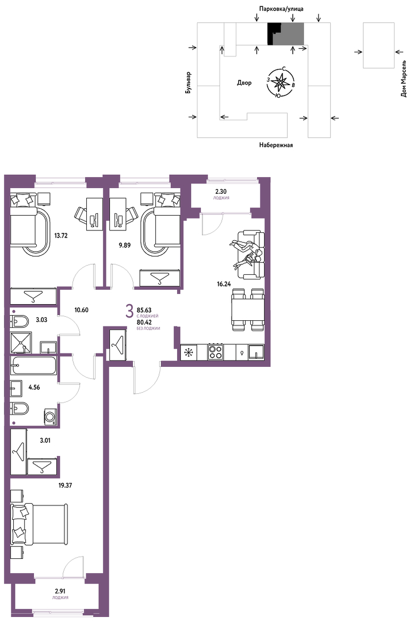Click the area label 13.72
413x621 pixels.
(61, 236)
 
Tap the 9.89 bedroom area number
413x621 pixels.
(124, 245)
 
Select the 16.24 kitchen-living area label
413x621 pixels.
(224, 284)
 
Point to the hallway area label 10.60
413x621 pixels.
(81, 310)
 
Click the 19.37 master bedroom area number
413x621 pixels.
(66, 485)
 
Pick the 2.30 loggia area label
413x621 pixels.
(221, 191)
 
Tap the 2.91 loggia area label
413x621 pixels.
(60, 592)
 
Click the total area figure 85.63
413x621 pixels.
(144, 310)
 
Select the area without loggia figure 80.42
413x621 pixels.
(144, 323)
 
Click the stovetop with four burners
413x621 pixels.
(216, 352)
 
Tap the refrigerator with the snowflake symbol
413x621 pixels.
(188, 352)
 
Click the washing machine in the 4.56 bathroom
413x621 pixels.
(51, 417)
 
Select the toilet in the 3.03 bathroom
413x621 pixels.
(20, 321)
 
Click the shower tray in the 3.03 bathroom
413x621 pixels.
(21, 343)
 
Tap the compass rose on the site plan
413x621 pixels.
(281, 82)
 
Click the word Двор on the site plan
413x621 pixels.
(244, 83)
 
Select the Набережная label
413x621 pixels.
(276, 145)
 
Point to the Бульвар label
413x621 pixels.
(188, 83)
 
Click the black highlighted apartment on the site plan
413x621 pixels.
(273, 34)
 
